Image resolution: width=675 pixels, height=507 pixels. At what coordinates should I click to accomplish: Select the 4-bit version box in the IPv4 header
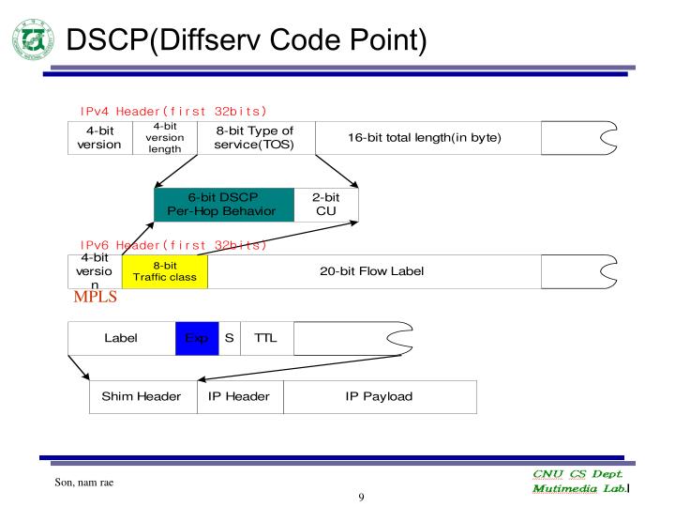click(x=99, y=137)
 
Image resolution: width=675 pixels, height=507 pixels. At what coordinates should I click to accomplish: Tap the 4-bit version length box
click(x=165, y=137)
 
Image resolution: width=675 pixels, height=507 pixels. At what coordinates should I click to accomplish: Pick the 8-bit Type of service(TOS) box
click(x=254, y=137)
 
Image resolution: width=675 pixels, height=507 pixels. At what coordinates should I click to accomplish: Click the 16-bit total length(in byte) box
click(x=425, y=137)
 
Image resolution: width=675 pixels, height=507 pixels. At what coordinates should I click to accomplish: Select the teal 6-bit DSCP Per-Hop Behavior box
click(x=224, y=204)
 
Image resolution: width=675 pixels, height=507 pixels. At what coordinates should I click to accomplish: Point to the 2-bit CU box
click(x=325, y=204)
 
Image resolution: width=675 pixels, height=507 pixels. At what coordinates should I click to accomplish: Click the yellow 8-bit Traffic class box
click(x=164, y=271)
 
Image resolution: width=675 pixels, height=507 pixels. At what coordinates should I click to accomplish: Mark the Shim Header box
click(x=142, y=396)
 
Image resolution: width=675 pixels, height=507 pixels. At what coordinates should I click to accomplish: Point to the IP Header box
click(x=239, y=396)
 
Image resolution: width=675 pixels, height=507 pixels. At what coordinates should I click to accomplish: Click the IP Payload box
click(x=379, y=396)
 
